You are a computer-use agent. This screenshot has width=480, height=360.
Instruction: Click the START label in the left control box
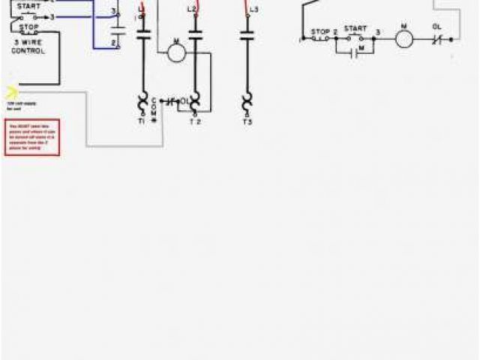click(28, 6)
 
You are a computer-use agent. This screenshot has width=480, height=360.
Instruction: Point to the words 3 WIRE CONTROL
click(28, 47)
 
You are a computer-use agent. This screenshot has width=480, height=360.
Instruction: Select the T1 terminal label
click(142, 120)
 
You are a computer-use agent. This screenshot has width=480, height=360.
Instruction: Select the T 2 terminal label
click(195, 121)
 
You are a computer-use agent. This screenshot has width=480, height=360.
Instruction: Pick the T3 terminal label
click(247, 120)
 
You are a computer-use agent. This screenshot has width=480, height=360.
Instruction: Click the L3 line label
click(253, 9)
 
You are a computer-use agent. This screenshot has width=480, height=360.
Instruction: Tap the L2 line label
click(191, 9)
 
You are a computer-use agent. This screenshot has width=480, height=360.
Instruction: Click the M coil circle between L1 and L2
click(176, 52)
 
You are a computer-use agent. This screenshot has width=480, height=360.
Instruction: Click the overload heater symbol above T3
click(247, 100)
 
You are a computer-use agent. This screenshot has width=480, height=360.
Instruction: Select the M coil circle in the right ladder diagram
click(404, 37)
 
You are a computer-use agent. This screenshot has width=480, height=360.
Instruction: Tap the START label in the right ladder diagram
click(355, 28)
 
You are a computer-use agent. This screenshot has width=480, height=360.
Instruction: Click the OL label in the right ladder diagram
click(437, 26)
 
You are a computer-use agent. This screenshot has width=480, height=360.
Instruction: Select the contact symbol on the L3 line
click(247, 33)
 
